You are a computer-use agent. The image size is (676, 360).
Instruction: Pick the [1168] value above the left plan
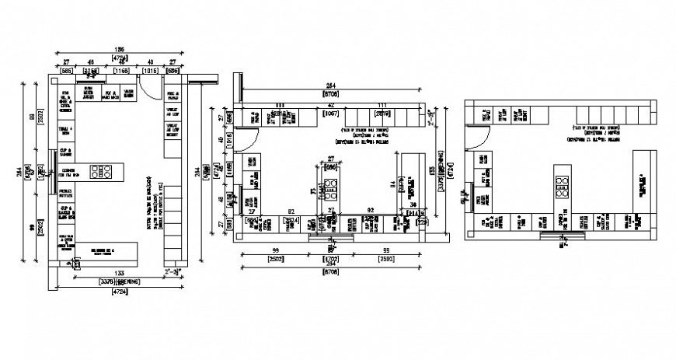coord(121,71)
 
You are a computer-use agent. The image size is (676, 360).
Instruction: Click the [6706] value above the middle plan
coord(330,94)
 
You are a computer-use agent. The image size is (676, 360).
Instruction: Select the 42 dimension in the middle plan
coord(330,104)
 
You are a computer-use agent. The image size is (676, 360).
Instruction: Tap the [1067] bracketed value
coord(330,113)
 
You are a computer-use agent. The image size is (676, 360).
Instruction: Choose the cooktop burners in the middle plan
coord(330,187)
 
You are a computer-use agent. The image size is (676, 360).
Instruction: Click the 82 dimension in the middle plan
coord(290,211)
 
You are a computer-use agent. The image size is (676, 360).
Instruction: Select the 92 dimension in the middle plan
coord(371,211)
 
